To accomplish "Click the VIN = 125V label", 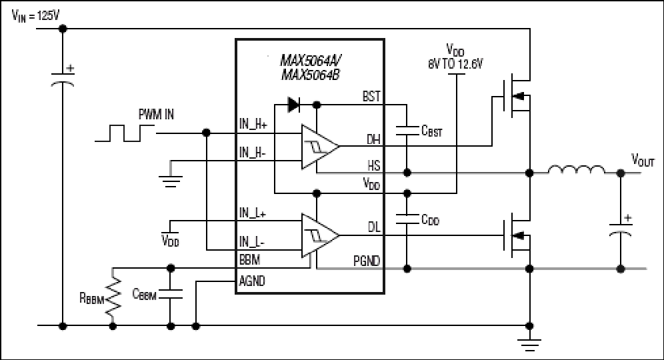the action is pyautogui.click(x=35, y=17).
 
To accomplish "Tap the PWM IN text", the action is pyautogui.click(x=156, y=115).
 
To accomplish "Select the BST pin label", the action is pyautogui.click(x=371, y=97).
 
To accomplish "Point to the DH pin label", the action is pyautogui.click(x=373, y=139).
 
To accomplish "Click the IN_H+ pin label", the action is pyautogui.click(x=253, y=124).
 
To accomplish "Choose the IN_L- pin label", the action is pyautogui.click(x=252, y=242).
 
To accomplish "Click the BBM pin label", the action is pyautogui.click(x=249, y=259).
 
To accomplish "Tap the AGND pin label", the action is pyautogui.click(x=252, y=281).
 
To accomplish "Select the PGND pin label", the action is pyautogui.click(x=367, y=261).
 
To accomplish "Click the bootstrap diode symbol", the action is pyautogui.click(x=294, y=105).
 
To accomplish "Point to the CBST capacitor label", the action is pyautogui.click(x=431, y=131).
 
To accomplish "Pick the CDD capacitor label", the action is pyautogui.click(x=430, y=219).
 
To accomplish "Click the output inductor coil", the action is pyautogui.click(x=577, y=169).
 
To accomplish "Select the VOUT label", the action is pyautogui.click(x=643, y=160).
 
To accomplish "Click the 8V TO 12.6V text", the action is pyautogui.click(x=455, y=65).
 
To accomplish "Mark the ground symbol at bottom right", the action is pyautogui.click(x=529, y=345).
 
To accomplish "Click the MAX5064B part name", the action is pyautogui.click(x=311, y=75).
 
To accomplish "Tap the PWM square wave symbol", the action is pyautogui.click(x=124, y=133).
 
